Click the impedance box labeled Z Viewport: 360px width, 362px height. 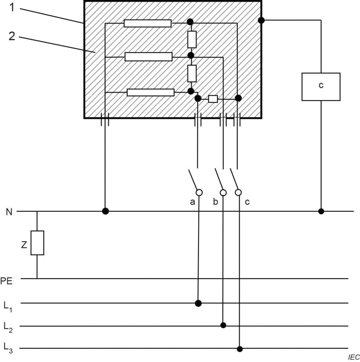(37, 243)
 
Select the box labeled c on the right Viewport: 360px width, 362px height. (321, 87)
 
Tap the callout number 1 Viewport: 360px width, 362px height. (12, 7)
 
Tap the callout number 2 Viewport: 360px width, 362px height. (12, 36)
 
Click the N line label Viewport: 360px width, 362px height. (9, 212)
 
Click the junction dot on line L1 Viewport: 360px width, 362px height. (198, 303)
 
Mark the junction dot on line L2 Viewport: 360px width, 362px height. (223, 325)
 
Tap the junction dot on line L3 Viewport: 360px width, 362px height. (240, 349)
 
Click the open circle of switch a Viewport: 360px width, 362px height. (199, 192)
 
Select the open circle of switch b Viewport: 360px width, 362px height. (223, 193)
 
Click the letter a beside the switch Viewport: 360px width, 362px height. (192, 202)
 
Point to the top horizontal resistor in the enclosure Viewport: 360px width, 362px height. (147, 23)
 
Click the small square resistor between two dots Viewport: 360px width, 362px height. (213, 99)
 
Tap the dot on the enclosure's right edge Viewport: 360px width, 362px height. (261, 21)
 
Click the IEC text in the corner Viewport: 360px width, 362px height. (354, 357)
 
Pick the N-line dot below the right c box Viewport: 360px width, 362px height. (321, 211)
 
